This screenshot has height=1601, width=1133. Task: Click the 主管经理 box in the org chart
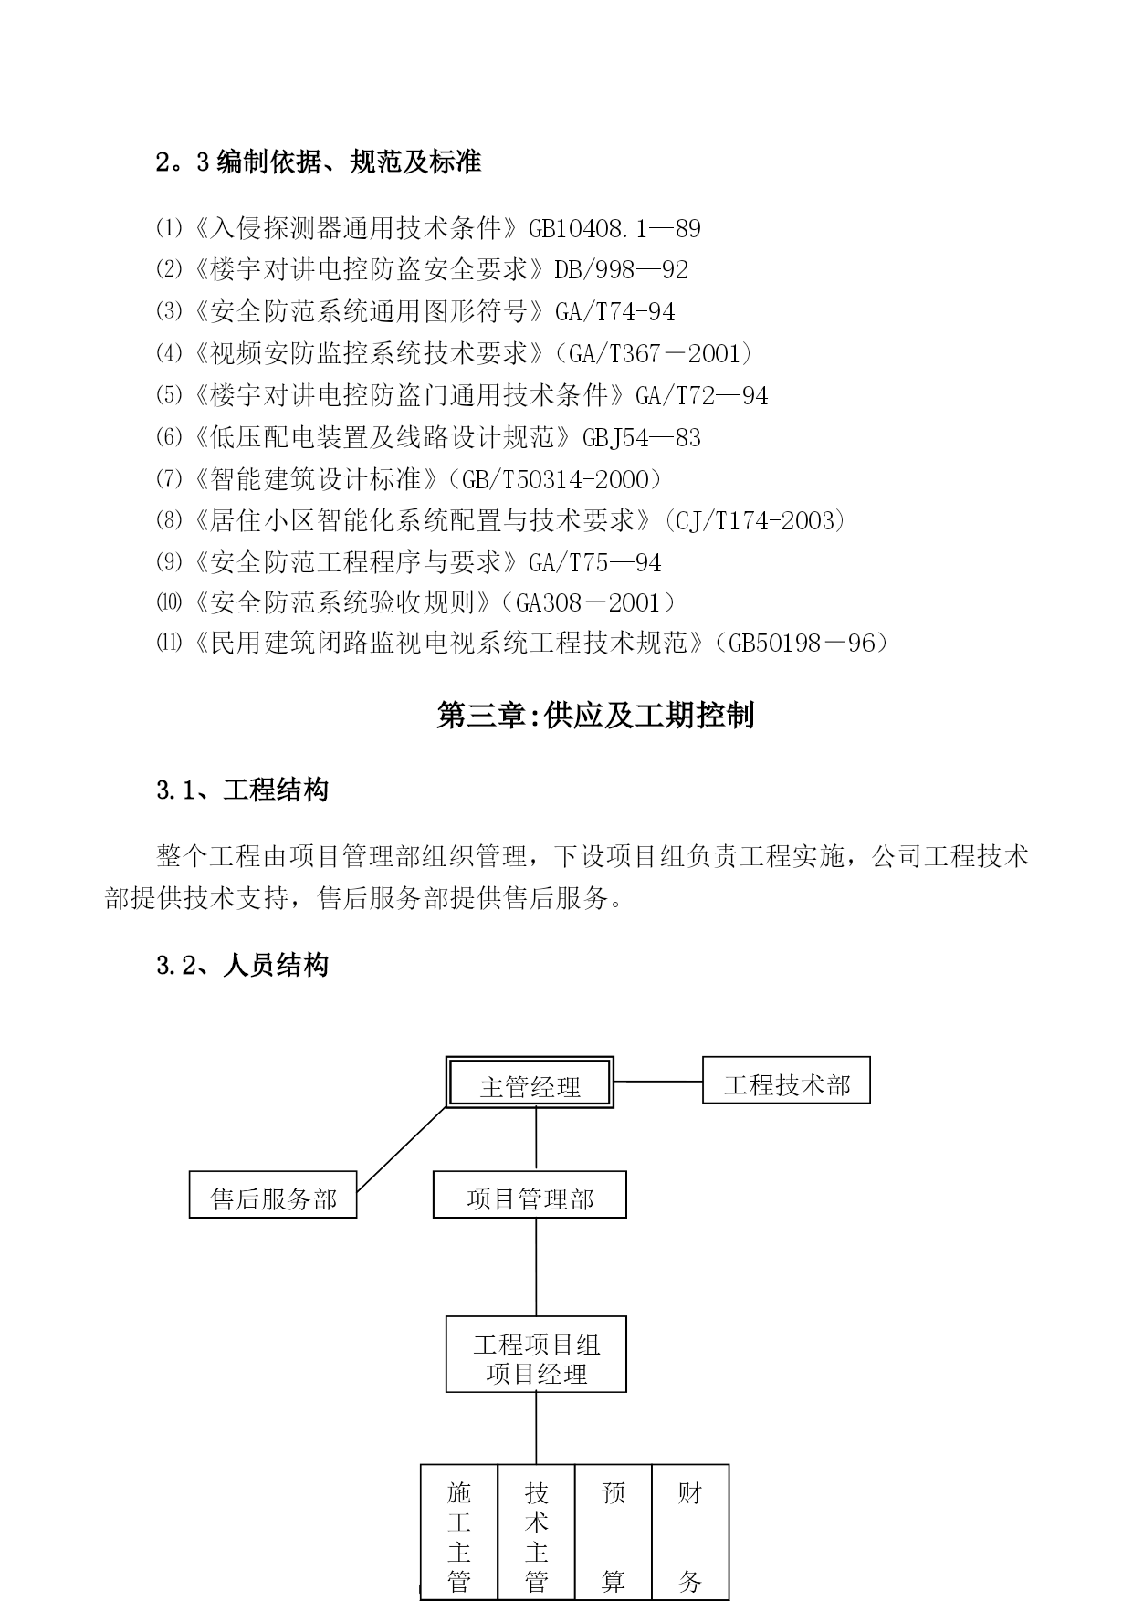(530, 1083)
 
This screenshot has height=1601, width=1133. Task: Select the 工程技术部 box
(786, 1080)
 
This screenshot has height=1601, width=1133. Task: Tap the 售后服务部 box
(273, 1195)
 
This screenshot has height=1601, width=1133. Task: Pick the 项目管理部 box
(530, 1195)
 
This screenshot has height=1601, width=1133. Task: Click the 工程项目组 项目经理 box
(536, 1355)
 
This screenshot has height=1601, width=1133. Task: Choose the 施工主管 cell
(459, 1533)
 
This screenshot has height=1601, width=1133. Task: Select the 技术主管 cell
(537, 1533)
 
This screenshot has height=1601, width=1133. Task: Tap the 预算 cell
(614, 1533)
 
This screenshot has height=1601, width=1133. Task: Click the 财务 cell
(690, 1533)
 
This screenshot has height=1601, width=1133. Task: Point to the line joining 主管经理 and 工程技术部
(658, 1082)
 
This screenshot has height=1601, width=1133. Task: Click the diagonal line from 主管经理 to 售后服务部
(402, 1149)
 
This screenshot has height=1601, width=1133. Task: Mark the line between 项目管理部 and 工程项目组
(536, 1267)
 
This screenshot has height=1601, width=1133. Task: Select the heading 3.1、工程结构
(242, 790)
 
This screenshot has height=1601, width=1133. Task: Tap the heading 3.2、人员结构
(242, 966)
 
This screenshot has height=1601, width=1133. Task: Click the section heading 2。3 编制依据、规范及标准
(319, 162)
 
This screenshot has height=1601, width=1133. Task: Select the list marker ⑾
(170, 644)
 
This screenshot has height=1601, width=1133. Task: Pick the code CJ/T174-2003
(756, 520)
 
